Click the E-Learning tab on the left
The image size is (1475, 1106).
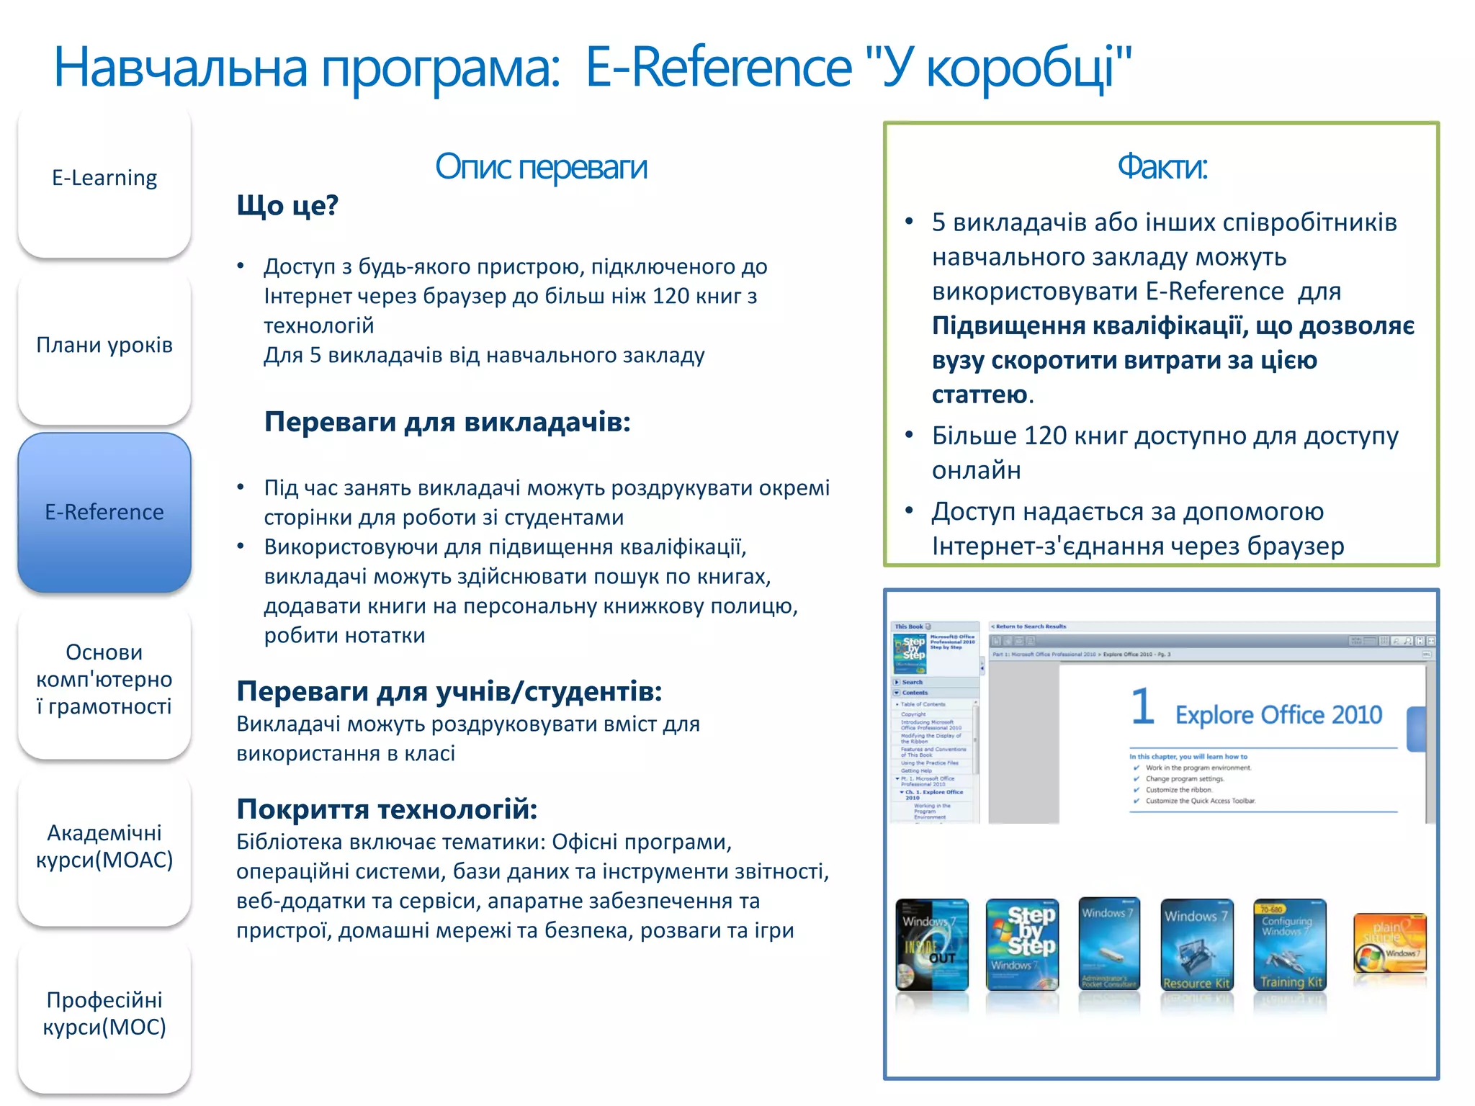[104, 179]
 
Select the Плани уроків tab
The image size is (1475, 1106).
[104, 346]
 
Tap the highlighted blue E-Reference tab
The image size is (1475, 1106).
[104, 512]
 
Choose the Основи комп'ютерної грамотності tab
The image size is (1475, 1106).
[104, 679]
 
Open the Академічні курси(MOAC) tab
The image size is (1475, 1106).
[104, 846]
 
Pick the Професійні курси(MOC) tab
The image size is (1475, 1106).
[104, 1013]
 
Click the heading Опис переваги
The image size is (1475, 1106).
[541, 167]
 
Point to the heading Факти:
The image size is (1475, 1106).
[1162, 167]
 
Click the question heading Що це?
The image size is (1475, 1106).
[287, 206]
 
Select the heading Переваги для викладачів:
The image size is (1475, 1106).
[447, 422]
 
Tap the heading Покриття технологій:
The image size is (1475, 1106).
[387, 809]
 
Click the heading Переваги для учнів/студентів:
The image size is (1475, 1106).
[449, 691]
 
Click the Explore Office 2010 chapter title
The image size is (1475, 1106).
[1278, 715]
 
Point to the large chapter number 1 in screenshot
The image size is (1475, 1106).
[1142, 706]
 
